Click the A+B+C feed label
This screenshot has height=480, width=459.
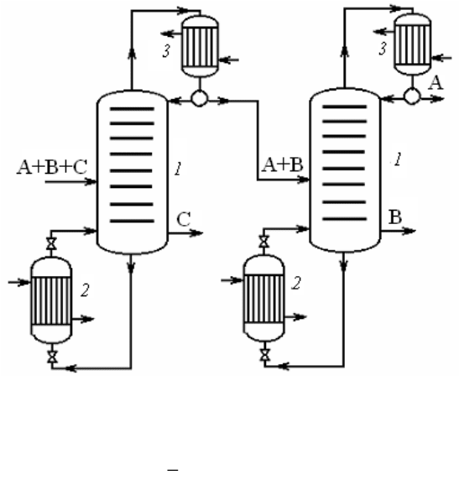click(x=52, y=167)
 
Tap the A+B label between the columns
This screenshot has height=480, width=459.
click(x=283, y=164)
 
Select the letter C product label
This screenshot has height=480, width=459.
click(x=184, y=219)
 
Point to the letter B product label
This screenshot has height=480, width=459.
click(x=395, y=217)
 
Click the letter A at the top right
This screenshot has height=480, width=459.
click(x=436, y=82)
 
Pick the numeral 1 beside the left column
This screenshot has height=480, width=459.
click(x=178, y=169)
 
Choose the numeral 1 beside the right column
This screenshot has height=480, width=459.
click(x=397, y=159)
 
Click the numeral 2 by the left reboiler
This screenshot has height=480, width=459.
click(x=85, y=290)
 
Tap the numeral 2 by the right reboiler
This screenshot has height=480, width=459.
click(x=296, y=283)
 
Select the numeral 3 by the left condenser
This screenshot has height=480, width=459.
click(x=166, y=51)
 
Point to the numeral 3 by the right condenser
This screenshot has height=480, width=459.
click(x=383, y=49)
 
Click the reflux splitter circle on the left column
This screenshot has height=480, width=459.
click(x=200, y=98)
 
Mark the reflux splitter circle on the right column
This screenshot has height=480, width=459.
click(x=412, y=97)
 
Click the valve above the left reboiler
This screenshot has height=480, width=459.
click(x=51, y=243)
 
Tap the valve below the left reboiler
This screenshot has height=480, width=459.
click(x=52, y=357)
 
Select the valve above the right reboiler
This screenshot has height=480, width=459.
click(x=264, y=242)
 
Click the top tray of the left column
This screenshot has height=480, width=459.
click(x=132, y=109)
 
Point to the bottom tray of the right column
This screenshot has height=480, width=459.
click(x=345, y=219)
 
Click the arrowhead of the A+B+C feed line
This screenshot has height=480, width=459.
click(x=91, y=182)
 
